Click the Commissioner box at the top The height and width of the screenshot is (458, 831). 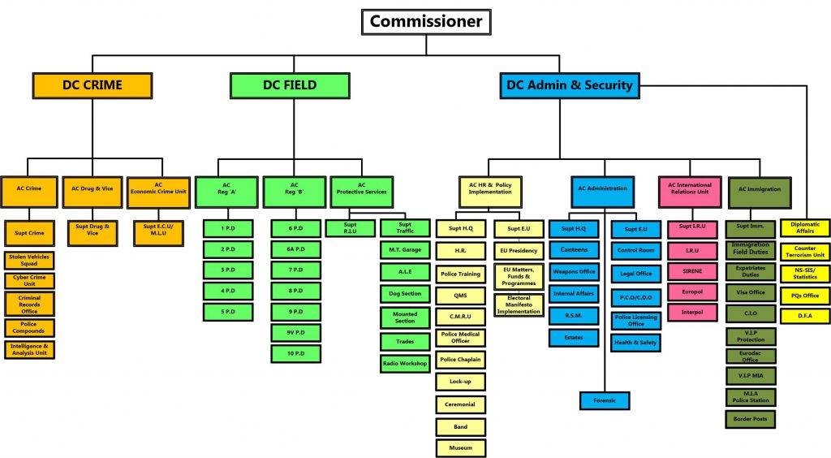coord(426,22)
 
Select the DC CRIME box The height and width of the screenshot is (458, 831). coord(93,85)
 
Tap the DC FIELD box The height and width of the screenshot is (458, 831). coord(290,85)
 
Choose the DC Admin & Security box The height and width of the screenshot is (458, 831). coord(570,85)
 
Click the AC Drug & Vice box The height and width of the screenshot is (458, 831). coord(93,192)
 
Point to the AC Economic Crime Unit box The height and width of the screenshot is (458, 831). coord(158,192)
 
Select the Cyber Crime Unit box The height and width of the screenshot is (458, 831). coord(30,280)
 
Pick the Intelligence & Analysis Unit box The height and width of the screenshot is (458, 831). coord(30,350)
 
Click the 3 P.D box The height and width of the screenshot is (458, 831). coord(228,270)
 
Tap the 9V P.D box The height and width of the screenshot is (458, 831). coord(295,333)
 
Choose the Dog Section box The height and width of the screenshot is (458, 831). coord(405,294)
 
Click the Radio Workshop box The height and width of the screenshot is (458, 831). coord(405,364)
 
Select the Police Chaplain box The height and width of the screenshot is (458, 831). coord(461,360)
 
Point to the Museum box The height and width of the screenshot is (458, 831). coord(461,448)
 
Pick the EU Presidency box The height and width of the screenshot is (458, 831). coord(519,251)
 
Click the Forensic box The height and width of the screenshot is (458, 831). coord(605,401)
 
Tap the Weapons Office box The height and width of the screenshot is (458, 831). coord(574,272)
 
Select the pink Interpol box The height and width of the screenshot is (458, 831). coord(692,312)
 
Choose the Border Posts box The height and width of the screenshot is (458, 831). coord(751,419)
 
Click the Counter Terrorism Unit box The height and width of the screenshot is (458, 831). coord(805,252)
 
